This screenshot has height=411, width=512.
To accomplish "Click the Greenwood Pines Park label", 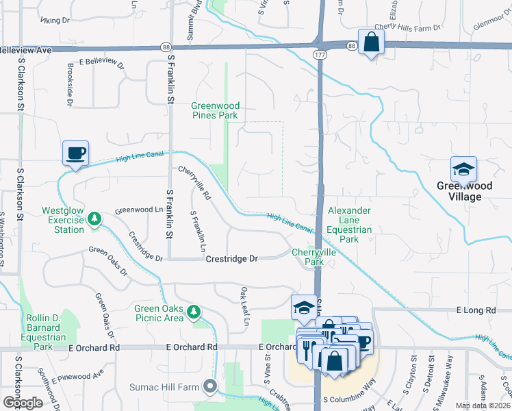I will point(215,111).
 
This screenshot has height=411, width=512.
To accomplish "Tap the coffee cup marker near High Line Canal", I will point(75,152).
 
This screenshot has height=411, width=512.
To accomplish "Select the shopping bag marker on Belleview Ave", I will point(370,42).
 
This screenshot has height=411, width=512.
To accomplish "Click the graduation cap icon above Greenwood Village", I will point(463,169).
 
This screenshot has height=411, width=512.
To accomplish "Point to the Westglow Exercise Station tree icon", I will point(94,219).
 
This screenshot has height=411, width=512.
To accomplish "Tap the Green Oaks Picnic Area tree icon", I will point(194,312).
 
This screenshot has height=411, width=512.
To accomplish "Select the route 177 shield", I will point(320,53).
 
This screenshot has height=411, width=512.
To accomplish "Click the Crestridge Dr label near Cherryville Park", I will point(232,259).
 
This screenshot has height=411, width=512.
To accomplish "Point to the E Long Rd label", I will point(476,310).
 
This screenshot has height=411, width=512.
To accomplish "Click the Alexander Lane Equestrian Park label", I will point(349,225).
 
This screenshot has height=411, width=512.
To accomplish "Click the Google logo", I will point(23,403).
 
